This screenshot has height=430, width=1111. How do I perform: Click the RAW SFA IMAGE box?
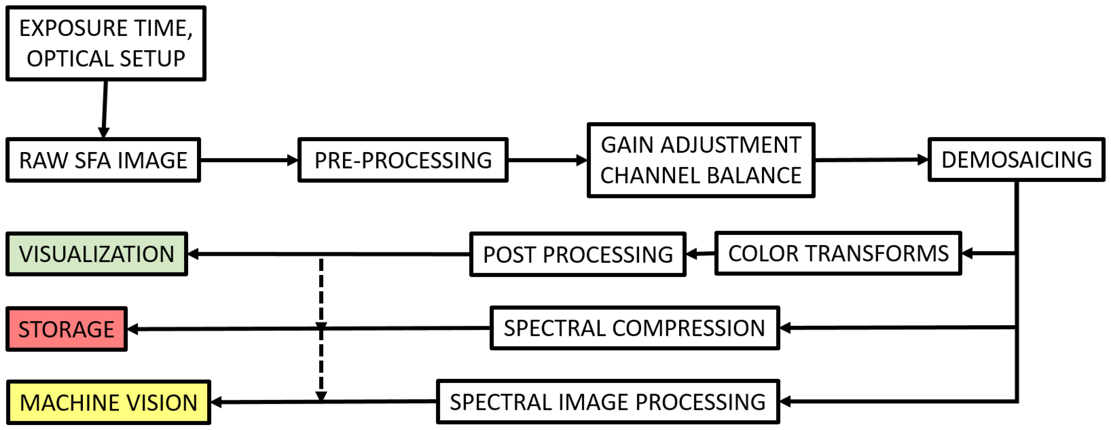(x=103, y=160)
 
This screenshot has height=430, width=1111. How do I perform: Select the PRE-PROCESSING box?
(x=403, y=160)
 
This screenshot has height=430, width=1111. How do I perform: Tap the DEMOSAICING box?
(x=1016, y=159)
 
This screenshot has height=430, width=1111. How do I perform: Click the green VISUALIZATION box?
(x=97, y=254)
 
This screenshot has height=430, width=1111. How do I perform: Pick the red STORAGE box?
(x=66, y=329)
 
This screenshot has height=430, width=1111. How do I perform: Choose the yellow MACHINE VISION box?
(x=108, y=402)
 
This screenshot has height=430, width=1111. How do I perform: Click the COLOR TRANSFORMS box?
(x=838, y=254)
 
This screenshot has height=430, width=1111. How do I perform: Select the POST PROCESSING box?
(x=578, y=254)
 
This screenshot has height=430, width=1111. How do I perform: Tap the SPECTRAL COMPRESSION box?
(x=634, y=328)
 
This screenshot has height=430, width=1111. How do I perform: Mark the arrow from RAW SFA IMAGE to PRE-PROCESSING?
(x=249, y=160)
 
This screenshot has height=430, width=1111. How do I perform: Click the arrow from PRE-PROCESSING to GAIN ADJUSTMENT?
(x=547, y=160)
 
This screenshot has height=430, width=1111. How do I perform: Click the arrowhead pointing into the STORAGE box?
(x=133, y=329)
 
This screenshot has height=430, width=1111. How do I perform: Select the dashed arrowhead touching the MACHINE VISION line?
(x=321, y=396)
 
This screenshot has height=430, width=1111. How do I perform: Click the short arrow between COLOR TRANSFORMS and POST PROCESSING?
(x=700, y=254)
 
